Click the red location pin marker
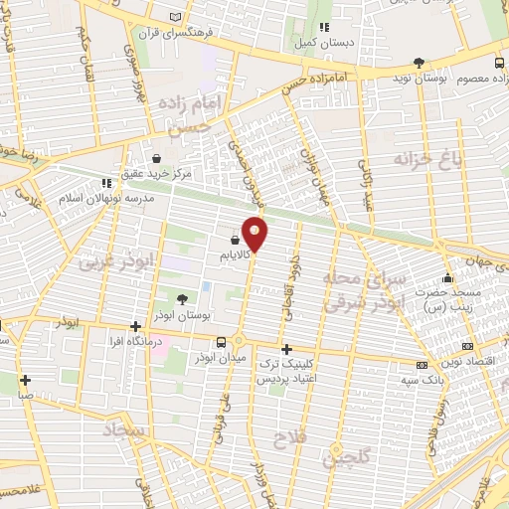(x=255, y=233)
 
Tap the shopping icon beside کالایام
(x=235, y=240)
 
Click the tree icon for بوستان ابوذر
(x=181, y=298)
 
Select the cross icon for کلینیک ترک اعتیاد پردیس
(x=286, y=349)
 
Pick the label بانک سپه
(x=422, y=380)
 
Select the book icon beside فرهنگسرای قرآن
(x=177, y=19)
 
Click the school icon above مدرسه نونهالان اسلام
(x=105, y=183)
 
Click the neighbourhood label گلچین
(x=349, y=458)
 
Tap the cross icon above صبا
(x=25, y=379)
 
